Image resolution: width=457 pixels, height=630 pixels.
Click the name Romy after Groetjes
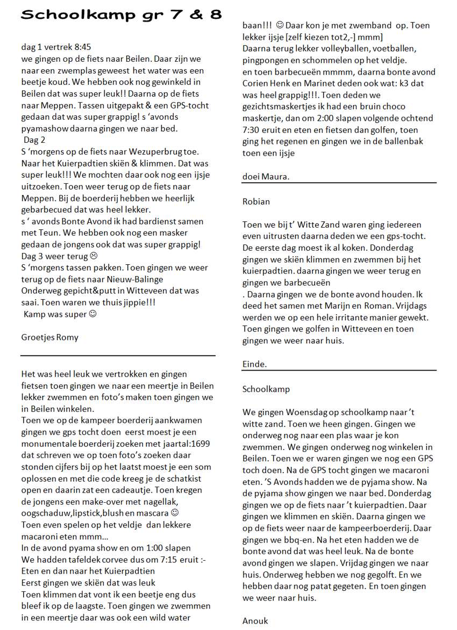pyautogui.click(x=67, y=337)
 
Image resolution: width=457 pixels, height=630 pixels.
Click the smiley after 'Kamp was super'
pyautogui.click(x=92, y=314)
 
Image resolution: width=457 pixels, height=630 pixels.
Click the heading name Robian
pyautogui.click(x=256, y=201)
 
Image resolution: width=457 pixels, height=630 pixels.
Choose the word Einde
pyautogui.click(x=254, y=364)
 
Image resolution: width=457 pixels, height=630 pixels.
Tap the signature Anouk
pyautogui.click(x=255, y=621)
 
